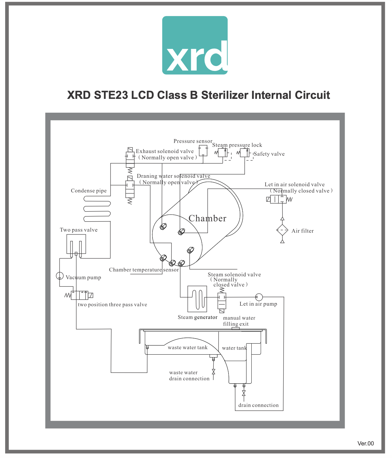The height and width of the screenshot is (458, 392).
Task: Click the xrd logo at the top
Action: pyautogui.click(x=195, y=45)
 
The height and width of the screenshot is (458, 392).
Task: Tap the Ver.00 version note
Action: pyautogui.click(x=366, y=444)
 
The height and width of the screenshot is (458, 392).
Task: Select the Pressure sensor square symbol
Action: pyautogui.click(x=203, y=150)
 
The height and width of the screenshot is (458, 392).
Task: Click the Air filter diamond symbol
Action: pyautogui.click(x=282, y=230)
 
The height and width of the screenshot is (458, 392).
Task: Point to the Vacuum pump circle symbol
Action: pyautogui.click(x=60, y=276)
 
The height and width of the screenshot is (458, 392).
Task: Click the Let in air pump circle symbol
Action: pyautogui.click(x=259, y=297)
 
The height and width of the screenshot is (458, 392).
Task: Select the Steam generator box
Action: pyautogui.click(x=197, y=299)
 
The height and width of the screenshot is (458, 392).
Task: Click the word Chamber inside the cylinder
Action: pyautogui.click(x=208, y=218)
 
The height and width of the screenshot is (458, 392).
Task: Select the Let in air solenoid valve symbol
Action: pyautogui.click(x=278, y=199)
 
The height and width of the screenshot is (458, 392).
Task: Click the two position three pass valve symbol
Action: pyautogui.click(x=79, y=295)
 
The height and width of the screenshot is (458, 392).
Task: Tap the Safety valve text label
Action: pyautogui.click(x=269, y=154)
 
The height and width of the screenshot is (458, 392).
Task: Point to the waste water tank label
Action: pyautogui.click(x=188, y=348)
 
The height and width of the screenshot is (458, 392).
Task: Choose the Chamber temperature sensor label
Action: pyautogui.click(x=144, y=270)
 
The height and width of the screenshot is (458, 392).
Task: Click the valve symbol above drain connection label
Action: pyautogui.click(x=244, y=393)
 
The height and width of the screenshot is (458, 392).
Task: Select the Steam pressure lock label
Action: pyautogui.click(x=237, y=145)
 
